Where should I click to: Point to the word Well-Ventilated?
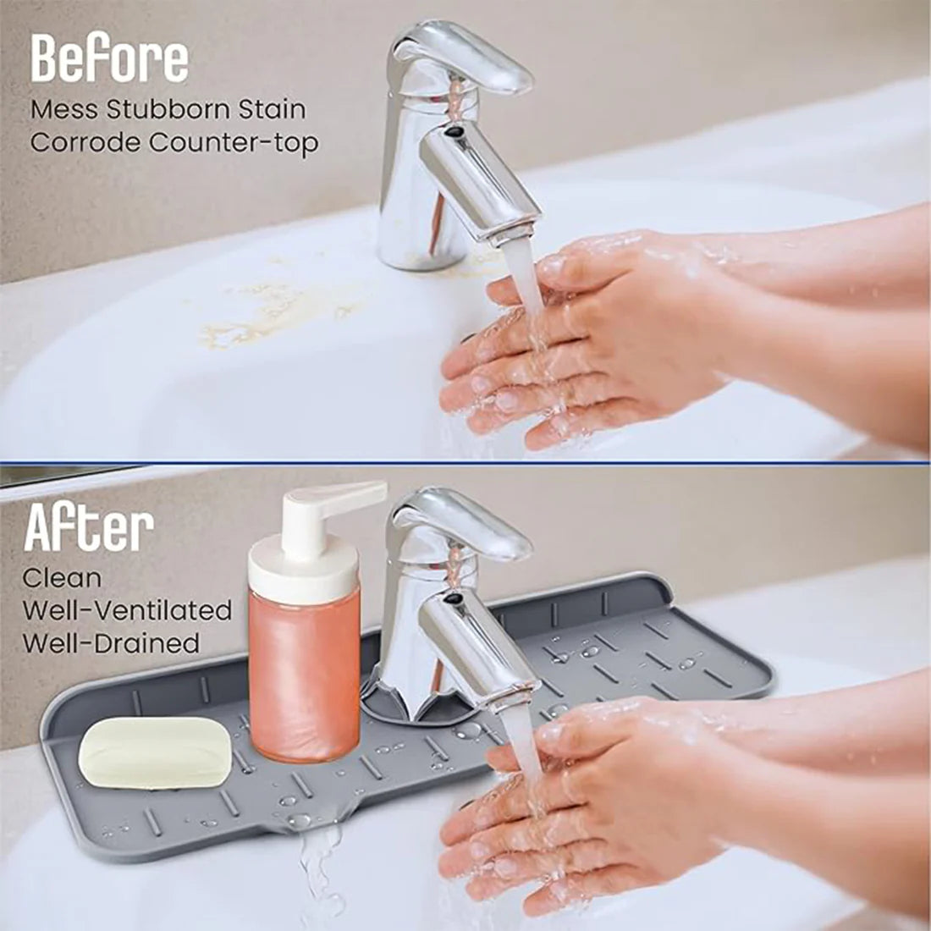[127, 610]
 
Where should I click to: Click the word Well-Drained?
[111, 642]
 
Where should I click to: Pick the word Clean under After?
[62, 579]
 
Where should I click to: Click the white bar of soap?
[155, 752]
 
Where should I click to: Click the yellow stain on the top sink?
[271, 313]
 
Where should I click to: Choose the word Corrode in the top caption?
[85, 142]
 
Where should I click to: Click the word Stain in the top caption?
[272, 109]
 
